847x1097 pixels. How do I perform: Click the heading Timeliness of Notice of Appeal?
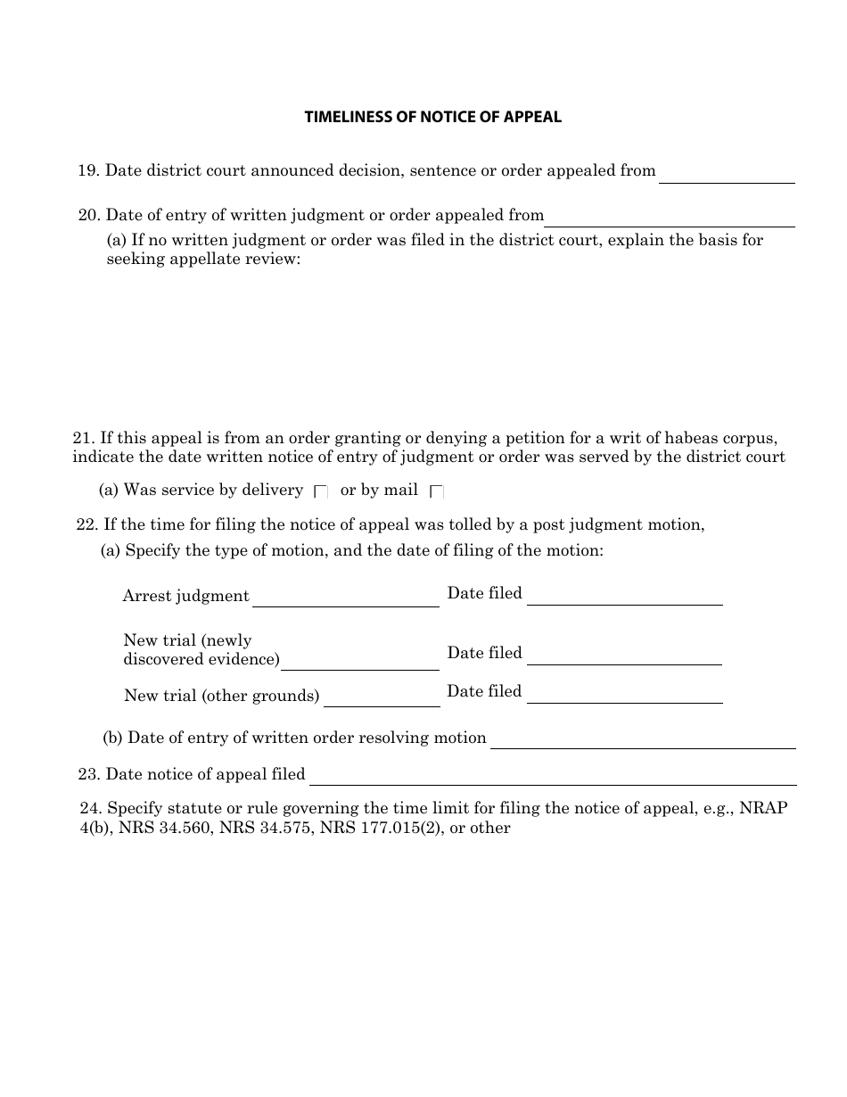tap(432, 117)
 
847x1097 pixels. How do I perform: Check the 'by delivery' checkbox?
tap(321, 491)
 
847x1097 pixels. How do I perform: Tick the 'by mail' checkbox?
tap(437, 491)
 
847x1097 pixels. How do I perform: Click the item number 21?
tap(83, 438)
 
